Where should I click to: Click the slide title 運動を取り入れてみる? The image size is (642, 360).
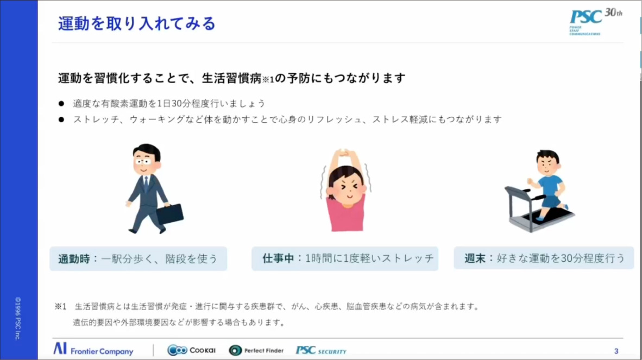[x=137, y=23]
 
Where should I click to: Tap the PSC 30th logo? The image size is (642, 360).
[x=595, y=22]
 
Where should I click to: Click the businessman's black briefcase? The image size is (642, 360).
[x=170, y=214]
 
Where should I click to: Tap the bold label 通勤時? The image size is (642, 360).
[x=72, y=258]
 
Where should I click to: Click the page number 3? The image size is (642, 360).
[x=616, y=351]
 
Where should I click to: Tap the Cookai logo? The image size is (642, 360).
[x=191, y=350]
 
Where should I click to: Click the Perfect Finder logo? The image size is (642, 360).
[x=256, y=350]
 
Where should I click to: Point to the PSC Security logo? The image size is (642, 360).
[x=321, y=351]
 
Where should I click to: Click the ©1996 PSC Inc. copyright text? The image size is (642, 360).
[x=17, y=318]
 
